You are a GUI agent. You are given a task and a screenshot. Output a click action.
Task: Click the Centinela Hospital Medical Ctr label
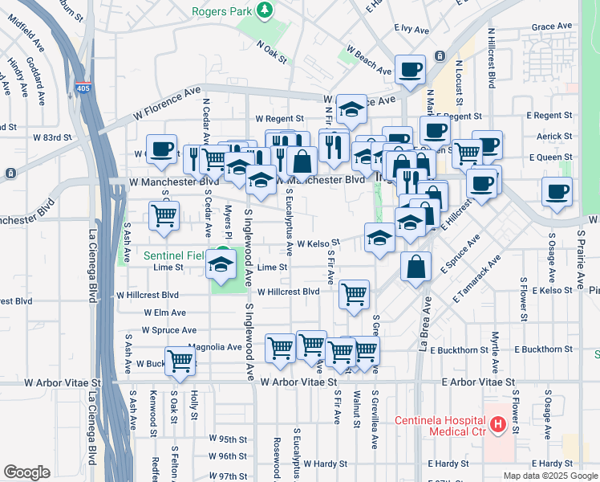click(440, 427)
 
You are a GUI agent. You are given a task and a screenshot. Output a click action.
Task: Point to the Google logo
click(26, 472)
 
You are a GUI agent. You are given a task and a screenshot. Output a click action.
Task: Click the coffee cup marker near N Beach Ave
click(410, 69)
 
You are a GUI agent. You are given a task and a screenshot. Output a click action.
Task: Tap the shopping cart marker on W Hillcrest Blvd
click(354, 294)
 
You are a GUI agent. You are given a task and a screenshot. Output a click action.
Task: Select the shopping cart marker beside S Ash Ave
click(164, 214)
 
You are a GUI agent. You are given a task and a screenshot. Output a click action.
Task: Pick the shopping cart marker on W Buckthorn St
click(180, 361)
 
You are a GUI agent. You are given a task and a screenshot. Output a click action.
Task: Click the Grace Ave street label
click(552, 27)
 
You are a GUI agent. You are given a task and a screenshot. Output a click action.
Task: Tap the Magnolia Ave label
click(215, 347)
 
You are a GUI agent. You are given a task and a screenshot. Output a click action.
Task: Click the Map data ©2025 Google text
click(549, 476)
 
